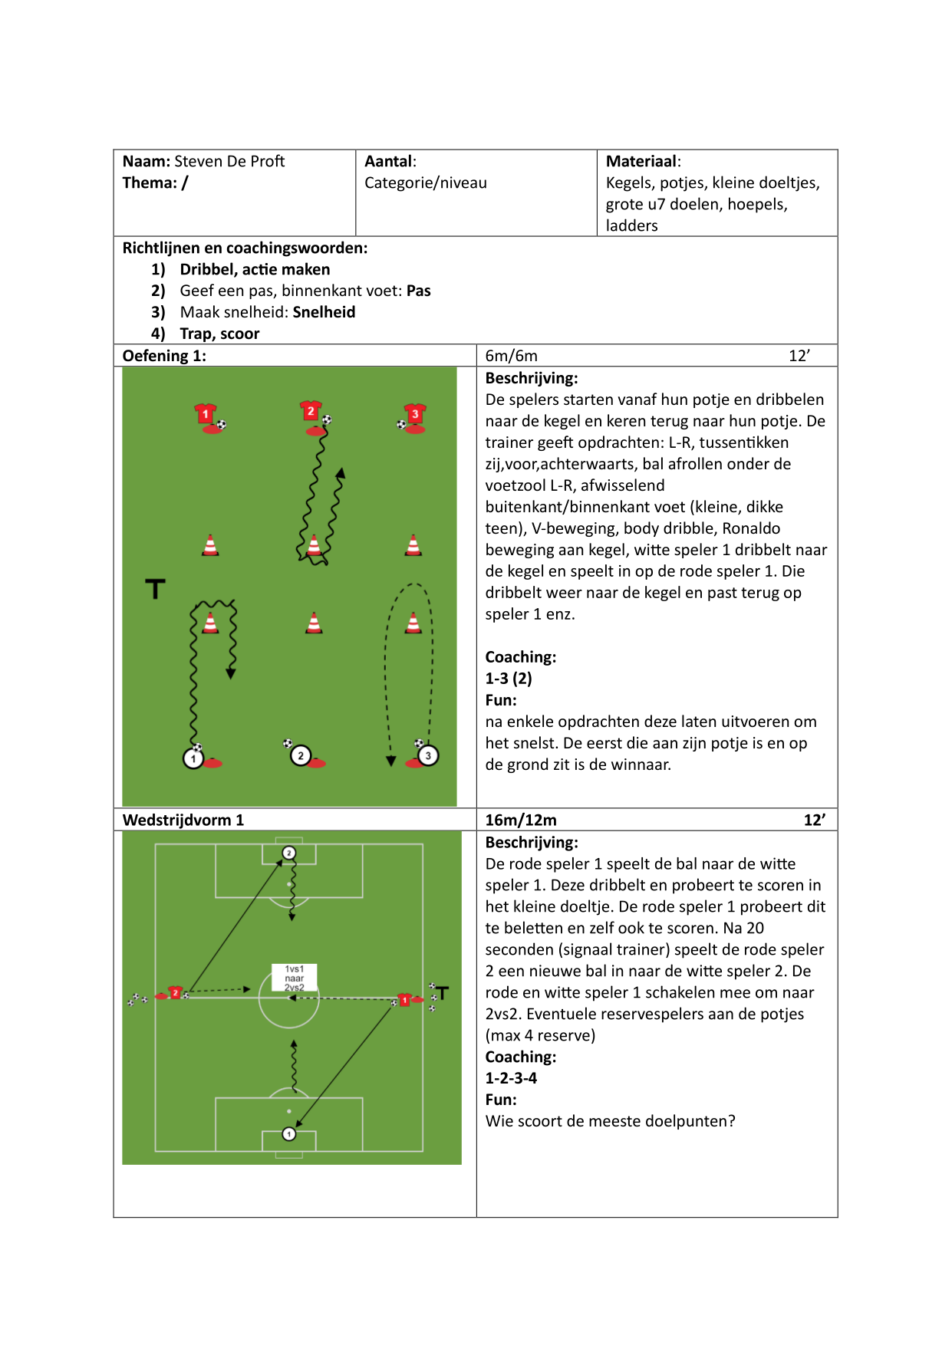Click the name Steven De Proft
tap(229, 161)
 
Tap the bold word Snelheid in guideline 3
tap(324, 312)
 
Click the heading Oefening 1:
tap(164, 356)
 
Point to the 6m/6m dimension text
tap(511, 356)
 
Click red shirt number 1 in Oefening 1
tap(206, 414)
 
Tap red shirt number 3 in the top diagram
tap(415, 414)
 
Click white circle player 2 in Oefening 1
tap(301, 755)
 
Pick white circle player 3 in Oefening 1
tap(428, 755)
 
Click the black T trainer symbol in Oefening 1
tap(155, 589)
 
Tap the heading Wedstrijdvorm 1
tap(183, 820)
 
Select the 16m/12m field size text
tap(521, 820)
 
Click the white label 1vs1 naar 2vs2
tap(295, 978)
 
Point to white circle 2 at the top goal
tap(289, 853)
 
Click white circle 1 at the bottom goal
tap(289, 1133)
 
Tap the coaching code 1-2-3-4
tap(511, 1078)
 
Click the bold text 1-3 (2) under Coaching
tap(509, 679)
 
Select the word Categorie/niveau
tap(426, 183)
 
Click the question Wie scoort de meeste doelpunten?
tap(610, 1121)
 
